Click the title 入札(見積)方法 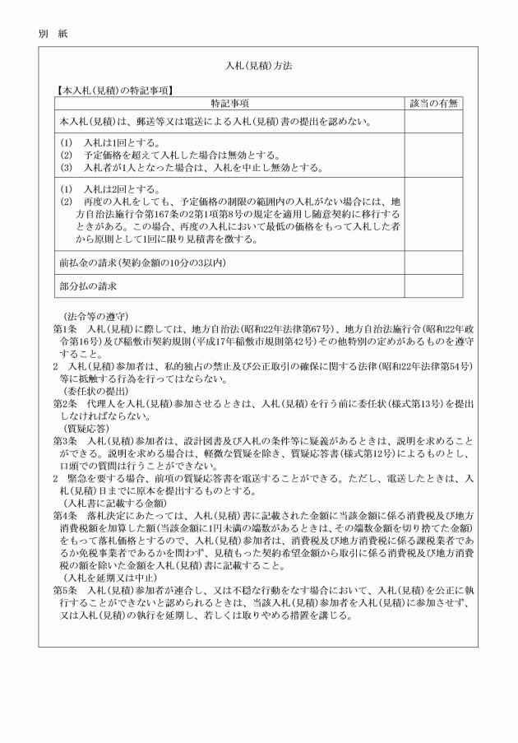tap(259, 63)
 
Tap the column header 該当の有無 tap(433, 103)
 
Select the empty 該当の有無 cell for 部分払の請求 tap(433, 286)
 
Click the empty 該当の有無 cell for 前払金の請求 tap(433, 262)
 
